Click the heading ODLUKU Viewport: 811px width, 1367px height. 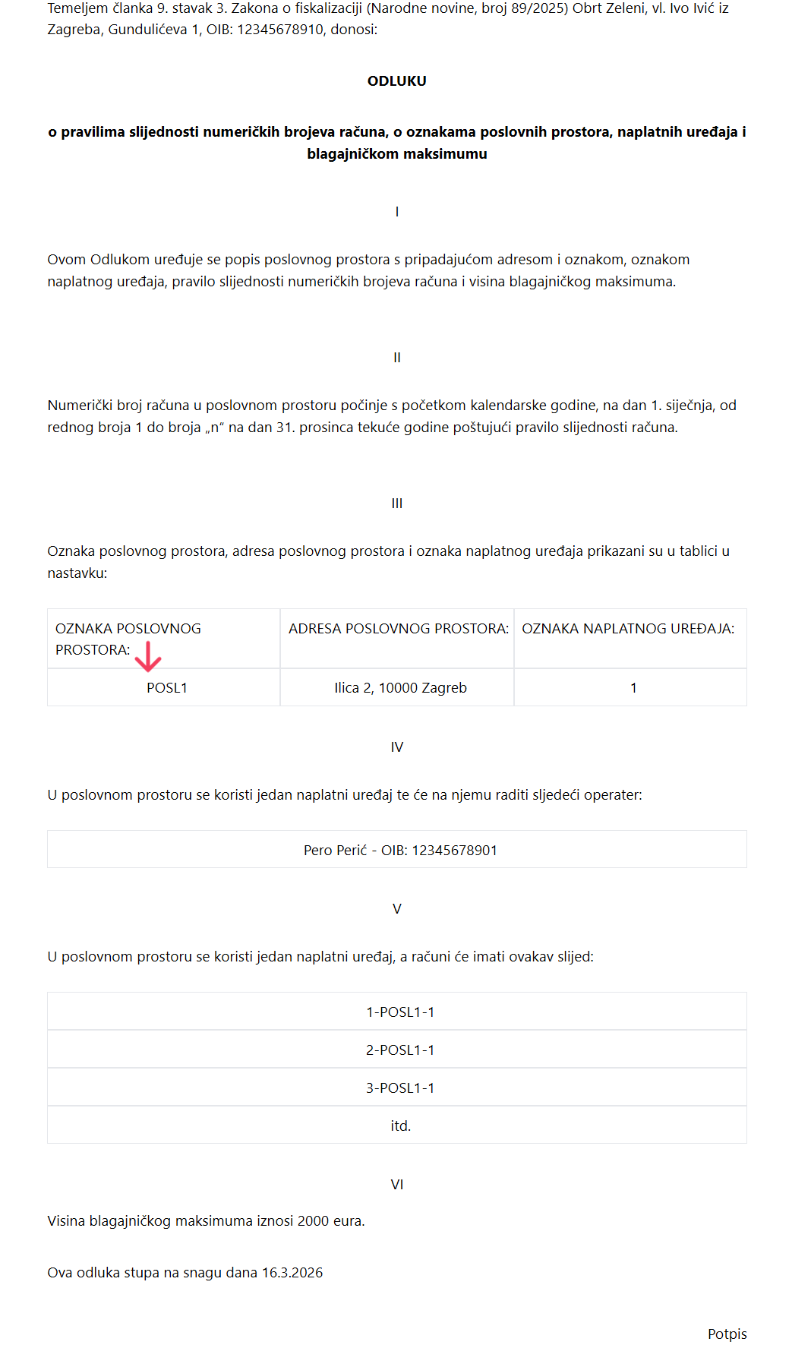[x=396, y=81]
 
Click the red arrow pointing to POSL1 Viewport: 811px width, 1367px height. [x=148, y=657]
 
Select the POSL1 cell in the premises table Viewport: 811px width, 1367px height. [x=167, y=688]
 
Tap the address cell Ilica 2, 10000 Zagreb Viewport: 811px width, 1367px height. [x=400, y=688]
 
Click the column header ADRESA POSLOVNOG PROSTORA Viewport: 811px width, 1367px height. [x=398, y=629]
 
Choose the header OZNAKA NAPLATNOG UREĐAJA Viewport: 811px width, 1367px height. [x=628, y=629]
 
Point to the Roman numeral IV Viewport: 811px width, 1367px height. [x=396, y=747]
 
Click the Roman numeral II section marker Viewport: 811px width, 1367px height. [x=396, y=358]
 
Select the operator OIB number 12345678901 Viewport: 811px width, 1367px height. [x=454, y=851]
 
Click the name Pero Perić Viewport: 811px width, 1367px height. [x=335, y=851]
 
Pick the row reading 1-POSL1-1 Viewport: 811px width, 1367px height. [x=400, y=1012]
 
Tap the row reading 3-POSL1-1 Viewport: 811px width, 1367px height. [x=400, y=1088]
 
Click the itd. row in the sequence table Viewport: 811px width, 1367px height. [x=400, y=1126]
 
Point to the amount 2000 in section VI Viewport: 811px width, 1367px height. [x=313, y=1221]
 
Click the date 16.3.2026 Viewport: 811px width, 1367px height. [x=292, y=1273]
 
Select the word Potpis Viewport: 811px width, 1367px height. [x=727, y=1334]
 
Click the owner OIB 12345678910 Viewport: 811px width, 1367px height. [x=280, y=30]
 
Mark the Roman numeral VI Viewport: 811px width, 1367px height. [x=396, y=1185]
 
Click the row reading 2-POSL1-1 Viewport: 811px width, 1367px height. [x=400, y=1050]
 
